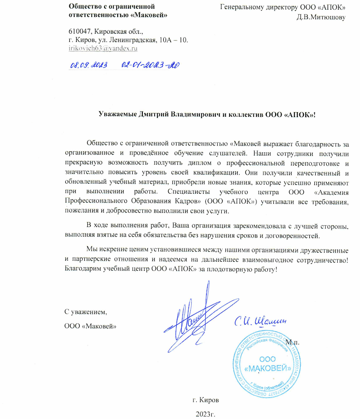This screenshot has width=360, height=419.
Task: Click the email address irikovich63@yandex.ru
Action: click(x=103, y=48)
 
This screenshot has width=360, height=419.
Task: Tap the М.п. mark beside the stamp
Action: click(x=292, y=342)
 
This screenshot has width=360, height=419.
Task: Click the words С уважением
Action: click(x=85, y=312)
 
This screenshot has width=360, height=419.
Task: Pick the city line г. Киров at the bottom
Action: click(x=207, y=400)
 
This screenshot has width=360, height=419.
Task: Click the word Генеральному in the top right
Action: click(x=243, y=7)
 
